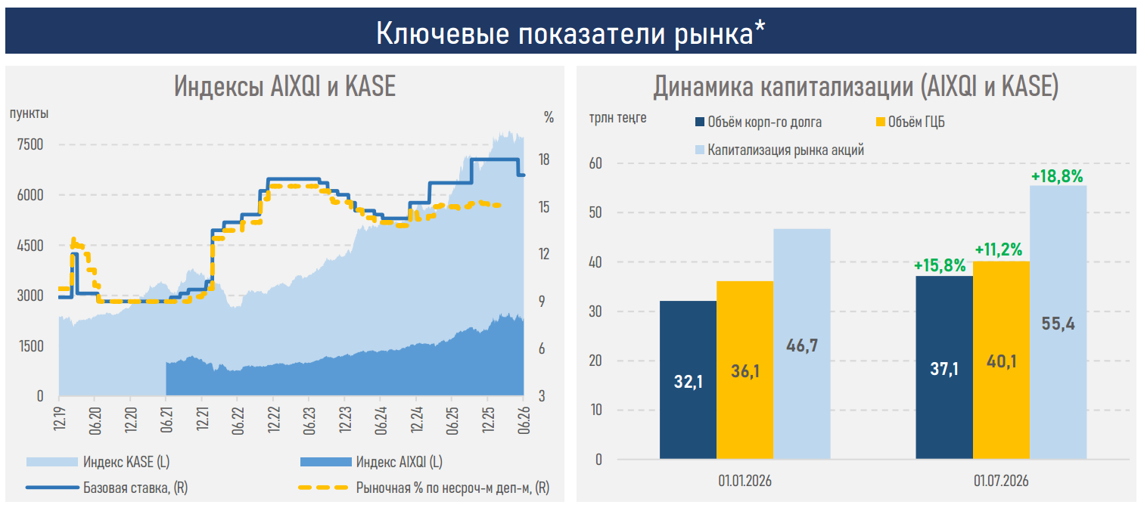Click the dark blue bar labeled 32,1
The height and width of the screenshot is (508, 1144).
(688, 380)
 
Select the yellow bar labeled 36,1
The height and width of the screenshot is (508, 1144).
(745, 370)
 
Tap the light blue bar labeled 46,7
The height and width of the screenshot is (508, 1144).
(802, 344)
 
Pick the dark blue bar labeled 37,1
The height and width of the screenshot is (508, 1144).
(944, 367)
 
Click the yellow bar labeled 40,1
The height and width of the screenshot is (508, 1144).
(1001, 360)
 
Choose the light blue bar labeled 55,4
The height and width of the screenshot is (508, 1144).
(1059, 322)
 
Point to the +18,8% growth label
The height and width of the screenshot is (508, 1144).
(1057, 176)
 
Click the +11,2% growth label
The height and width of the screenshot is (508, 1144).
(999, 250)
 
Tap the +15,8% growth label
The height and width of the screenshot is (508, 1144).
(940, 265)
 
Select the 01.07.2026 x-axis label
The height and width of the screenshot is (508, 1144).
(1001, 481)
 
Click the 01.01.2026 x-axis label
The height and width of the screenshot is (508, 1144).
(745, 481)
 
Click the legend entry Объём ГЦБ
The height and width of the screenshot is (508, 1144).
(910, 122)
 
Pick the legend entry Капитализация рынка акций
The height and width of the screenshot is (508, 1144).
(780, 150)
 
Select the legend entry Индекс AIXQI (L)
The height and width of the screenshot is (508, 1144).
(371, 462)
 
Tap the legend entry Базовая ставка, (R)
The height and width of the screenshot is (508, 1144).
(107, 488)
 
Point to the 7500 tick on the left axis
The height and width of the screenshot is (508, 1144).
(30, 144)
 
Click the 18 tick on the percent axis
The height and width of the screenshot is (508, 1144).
(544, 160)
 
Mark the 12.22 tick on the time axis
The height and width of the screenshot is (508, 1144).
(274, 420)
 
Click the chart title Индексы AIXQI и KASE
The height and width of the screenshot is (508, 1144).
(284, 85)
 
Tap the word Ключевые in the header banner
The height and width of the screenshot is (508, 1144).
(443, 34)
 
